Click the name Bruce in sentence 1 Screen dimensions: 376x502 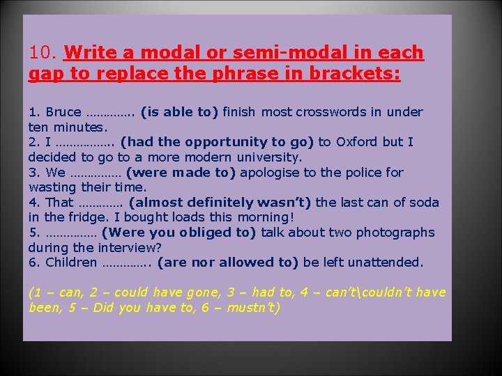pos(63,112)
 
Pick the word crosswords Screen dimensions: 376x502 pos(328,112)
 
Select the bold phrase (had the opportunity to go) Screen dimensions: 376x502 pos(218,142)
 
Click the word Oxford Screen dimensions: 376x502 pos(356,142)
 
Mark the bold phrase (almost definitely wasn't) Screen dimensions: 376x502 pos(222,203)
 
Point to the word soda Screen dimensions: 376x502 pos(425,203)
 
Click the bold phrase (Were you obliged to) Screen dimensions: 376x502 pos(178,233)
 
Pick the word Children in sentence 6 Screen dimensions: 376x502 pos(71,263)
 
